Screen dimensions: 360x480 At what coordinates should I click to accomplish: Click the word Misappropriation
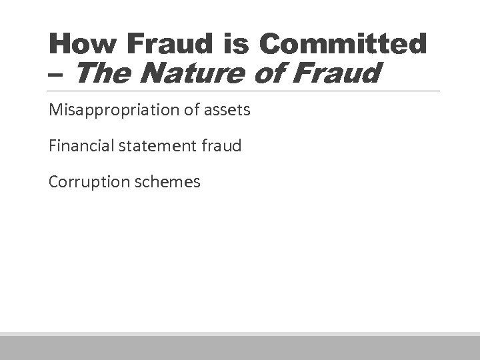pos(113,109)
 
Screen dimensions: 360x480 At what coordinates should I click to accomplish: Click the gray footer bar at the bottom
pos(240,347)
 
